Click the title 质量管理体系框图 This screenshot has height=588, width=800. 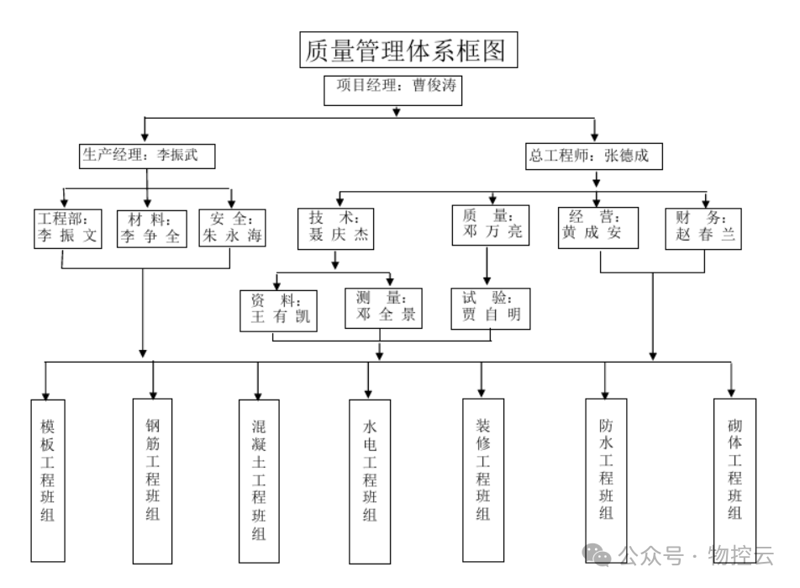408,50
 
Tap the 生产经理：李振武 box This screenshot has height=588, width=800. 147,156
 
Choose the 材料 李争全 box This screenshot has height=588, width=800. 150,228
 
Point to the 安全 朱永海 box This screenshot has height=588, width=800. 231,228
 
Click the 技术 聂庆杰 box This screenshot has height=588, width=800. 334,228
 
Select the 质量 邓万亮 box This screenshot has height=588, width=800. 492,225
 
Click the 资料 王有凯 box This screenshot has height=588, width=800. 280,310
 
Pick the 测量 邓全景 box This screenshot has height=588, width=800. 383,308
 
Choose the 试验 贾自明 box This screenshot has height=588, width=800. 492,308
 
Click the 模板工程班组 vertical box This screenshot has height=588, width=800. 48,479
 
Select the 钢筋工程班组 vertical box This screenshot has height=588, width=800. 152,479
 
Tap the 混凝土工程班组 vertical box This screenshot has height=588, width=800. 258,481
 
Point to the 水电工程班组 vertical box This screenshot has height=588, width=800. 370,480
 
